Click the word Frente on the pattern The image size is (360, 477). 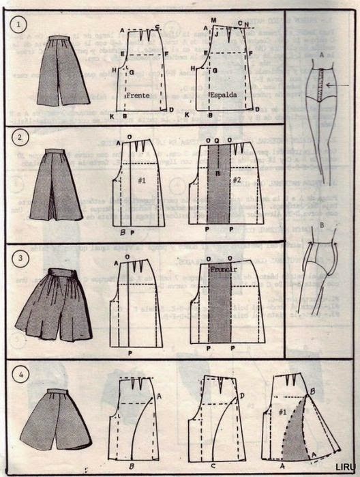coord(138,96)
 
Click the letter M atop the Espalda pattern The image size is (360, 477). coord(213,21)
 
